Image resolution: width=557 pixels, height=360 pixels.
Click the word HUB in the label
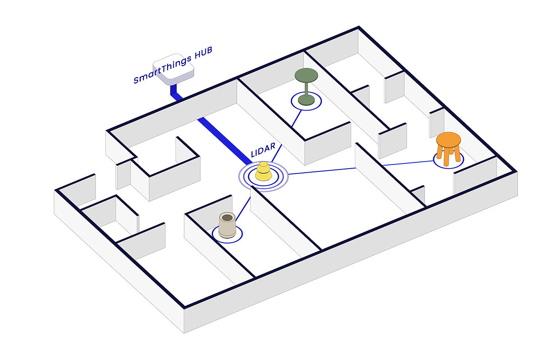201,54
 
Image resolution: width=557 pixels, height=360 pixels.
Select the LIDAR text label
263,150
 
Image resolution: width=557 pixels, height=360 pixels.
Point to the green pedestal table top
306,74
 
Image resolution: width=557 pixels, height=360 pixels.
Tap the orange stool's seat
448,140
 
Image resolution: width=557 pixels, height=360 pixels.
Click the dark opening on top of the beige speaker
227,218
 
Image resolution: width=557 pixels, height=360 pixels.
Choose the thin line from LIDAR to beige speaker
243,210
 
